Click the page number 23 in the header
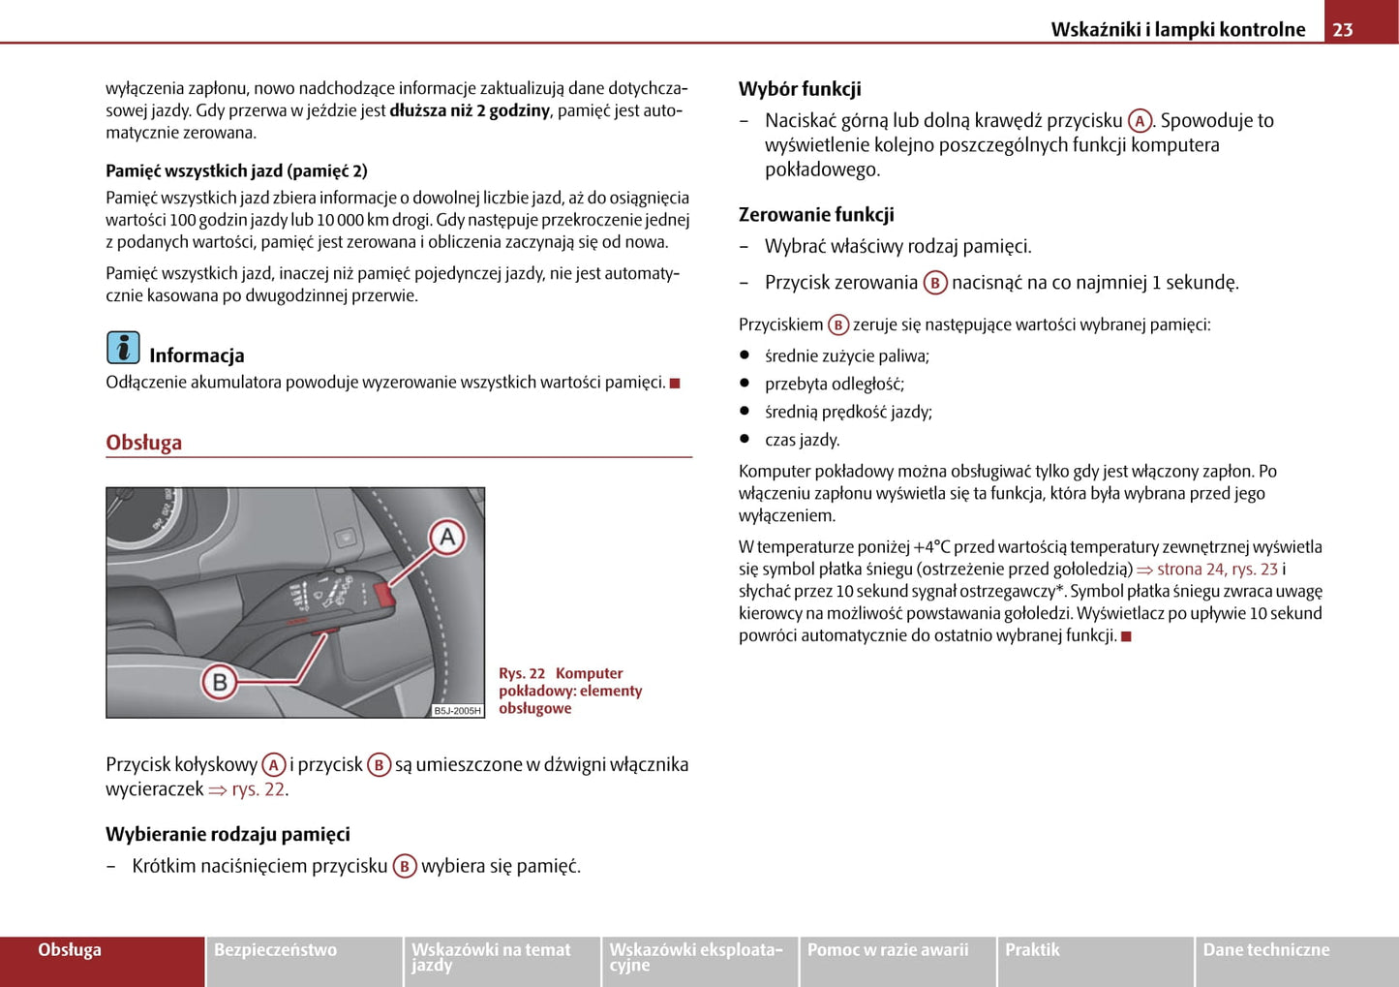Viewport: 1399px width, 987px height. coord(1342,29)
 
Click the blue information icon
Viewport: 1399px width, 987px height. coord(123,348)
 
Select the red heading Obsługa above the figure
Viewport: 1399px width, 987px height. coord(144,443)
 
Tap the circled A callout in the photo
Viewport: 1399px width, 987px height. coord(447,538)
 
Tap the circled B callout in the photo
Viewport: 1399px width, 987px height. coord(220,682)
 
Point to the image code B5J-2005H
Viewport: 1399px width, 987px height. coord(457,711)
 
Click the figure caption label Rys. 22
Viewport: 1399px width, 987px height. coord(522,673)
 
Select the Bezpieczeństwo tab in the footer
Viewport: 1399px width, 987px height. coord(276,950)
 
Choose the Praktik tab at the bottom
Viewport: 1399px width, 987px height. coord(1032,950)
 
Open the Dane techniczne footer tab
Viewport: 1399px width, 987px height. coord(1266,950)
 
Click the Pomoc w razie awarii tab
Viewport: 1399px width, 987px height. coord(888,950)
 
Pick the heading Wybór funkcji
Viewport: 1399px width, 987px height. coord(800,89)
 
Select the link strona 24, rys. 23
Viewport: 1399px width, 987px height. coord(1217,570)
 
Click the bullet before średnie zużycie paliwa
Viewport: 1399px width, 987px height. coord(745,355)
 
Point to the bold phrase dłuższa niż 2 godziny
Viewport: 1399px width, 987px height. coord(470,110)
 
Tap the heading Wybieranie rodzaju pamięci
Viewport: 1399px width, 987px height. coord(228,834)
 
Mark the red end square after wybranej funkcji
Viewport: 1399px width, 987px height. coord(1126,636)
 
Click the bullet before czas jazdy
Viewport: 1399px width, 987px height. coord(745,439)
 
